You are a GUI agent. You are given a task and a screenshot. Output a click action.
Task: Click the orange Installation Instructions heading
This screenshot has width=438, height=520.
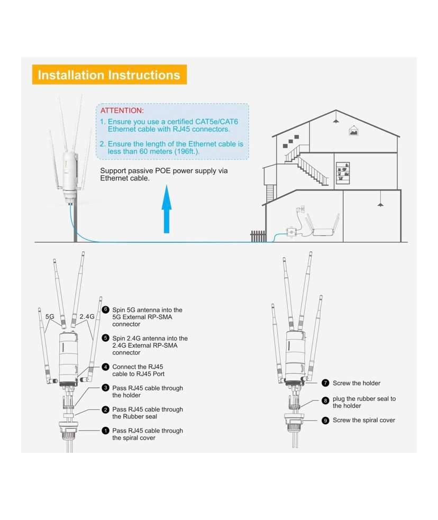[109, 75]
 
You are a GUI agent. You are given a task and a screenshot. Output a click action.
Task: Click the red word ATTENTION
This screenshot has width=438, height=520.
[122, 111]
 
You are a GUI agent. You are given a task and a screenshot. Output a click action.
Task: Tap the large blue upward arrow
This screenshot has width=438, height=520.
[167, 209]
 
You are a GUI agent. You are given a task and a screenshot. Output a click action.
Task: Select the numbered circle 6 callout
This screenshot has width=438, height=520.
[105, 310]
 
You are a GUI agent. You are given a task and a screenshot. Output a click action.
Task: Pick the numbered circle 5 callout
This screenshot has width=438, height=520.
[105, 338]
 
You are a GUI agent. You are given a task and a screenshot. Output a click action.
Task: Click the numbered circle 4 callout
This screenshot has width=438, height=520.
[105, 367]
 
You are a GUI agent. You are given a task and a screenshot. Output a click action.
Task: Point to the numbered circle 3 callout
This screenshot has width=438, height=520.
[105, 388]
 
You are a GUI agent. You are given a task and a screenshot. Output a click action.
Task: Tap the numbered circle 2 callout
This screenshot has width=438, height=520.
[105, 409]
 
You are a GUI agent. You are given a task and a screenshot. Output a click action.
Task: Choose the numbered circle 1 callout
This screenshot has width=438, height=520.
[105, 431]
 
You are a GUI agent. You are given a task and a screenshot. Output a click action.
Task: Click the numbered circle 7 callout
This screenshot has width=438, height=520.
[325, 383]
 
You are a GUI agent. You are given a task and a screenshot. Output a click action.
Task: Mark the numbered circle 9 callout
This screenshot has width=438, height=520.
[325, 420]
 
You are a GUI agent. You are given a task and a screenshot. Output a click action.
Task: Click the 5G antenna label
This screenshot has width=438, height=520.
[50, 317]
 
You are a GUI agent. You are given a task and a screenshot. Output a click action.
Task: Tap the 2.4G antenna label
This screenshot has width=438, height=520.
[86, 317]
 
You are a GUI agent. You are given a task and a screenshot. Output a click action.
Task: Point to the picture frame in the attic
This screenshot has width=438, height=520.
[353, 130]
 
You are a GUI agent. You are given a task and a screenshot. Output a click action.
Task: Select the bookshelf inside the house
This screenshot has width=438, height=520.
[343, 172]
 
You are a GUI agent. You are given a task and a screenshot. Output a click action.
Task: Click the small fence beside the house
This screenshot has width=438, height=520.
[258, 236]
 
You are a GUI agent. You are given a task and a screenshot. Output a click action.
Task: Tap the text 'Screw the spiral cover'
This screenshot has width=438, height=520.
[363, 420]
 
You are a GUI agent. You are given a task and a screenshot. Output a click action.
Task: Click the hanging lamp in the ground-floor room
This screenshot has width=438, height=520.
[380, 204]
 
